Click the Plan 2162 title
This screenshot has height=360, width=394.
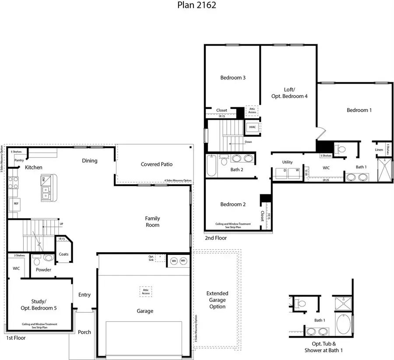click(197, 6)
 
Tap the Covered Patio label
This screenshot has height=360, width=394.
click(156, 164)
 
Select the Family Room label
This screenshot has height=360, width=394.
click(153, 222)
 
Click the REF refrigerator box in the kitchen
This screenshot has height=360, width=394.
click(16, 204)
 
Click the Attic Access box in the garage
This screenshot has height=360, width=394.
click(146, 291)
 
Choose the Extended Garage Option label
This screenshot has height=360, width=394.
click(217, 300)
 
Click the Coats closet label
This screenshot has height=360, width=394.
click(63, 254)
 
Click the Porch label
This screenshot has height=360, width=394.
click(84, 332)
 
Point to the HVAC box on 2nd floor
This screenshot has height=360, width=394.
click(253, 127)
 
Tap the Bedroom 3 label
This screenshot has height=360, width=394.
click(232, 78)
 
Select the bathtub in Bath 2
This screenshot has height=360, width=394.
click(211, 166)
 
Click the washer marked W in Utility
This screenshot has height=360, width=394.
click(297, 170)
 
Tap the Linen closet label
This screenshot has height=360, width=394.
click(379, 150)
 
